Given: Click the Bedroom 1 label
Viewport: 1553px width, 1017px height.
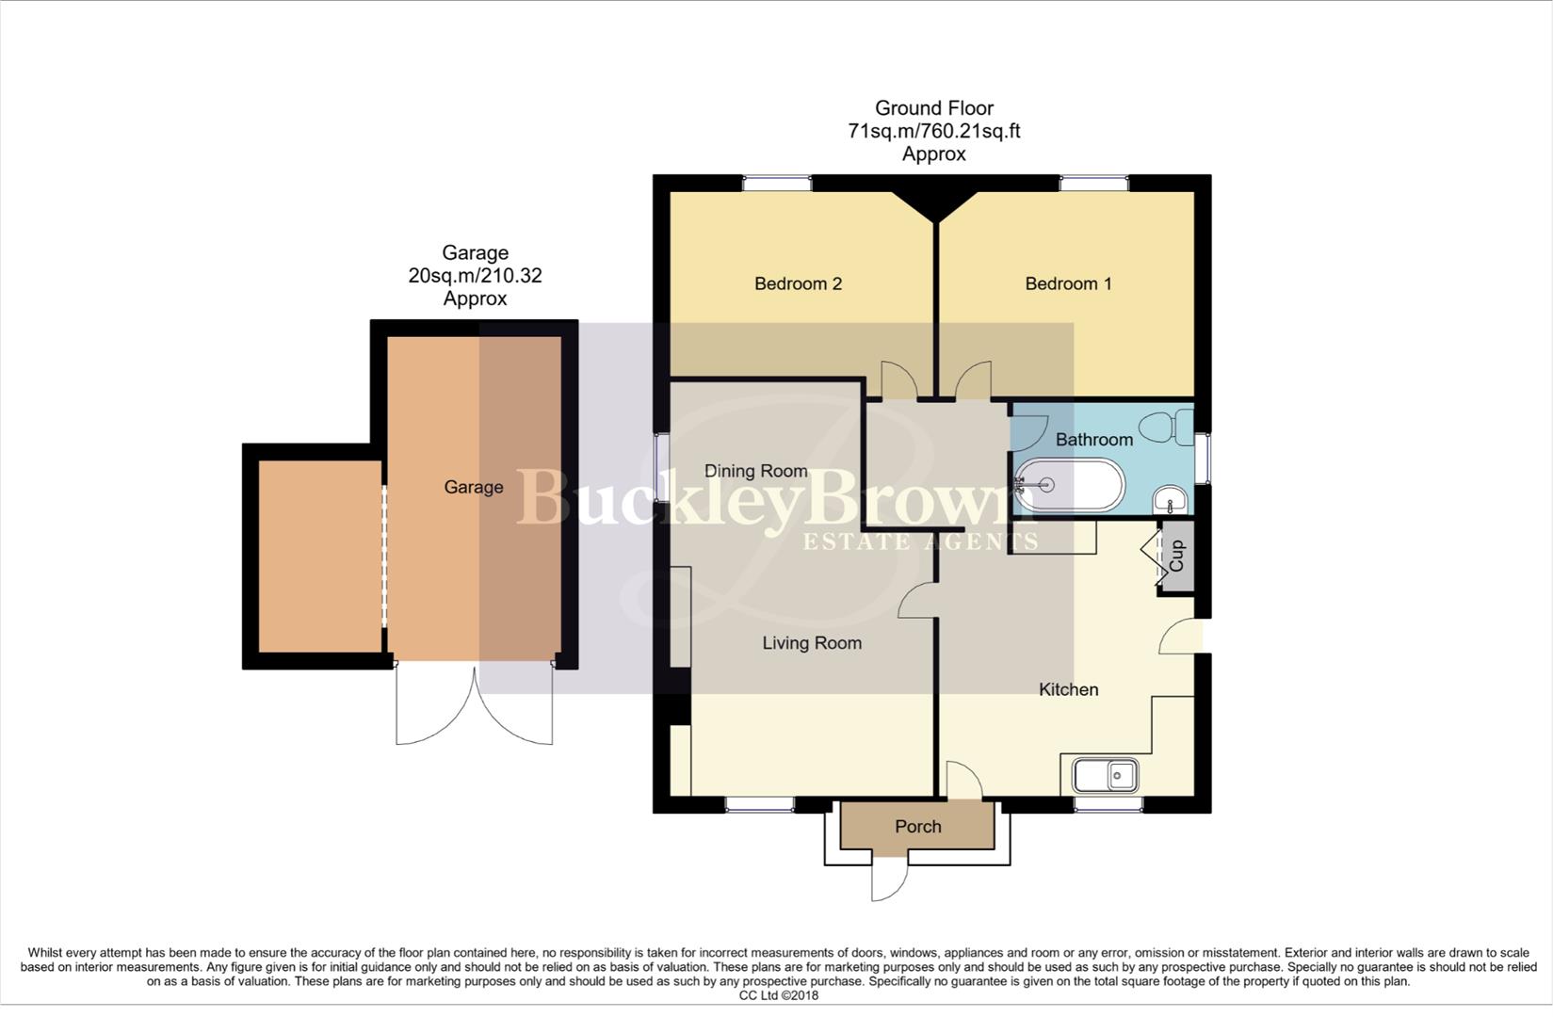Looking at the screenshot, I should [1068, 283].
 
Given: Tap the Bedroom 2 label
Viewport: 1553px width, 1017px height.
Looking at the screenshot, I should [798, 283].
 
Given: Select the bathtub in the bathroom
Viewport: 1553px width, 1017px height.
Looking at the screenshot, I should [1069, 486].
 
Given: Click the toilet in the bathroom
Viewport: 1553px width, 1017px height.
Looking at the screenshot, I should [1167, 428].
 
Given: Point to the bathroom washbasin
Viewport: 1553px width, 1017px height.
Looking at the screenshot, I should [1170, 497].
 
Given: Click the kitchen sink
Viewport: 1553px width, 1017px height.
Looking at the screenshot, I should [1106, 776].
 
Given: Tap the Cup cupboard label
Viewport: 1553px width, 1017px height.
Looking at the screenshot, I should [1176, 556].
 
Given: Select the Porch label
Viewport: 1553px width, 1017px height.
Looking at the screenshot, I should [917, 827].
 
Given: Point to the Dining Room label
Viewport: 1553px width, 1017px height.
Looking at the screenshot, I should [756, 471].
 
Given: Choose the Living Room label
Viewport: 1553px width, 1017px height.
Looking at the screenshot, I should [812, 643].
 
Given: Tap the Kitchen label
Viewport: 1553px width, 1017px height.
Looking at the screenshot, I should [1068, 689].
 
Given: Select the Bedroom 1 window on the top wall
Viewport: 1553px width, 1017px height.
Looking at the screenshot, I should [1094, 184].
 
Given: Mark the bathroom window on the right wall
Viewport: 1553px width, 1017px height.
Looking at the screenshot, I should [1203, 459].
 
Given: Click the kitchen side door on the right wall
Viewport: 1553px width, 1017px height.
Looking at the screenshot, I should [1182, 637].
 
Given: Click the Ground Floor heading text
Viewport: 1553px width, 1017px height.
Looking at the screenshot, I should [933, 108].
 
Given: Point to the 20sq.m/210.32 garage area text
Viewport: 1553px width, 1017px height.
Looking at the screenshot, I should [475, 276].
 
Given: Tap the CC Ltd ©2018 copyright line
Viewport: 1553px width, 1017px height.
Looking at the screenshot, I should [778, 995].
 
